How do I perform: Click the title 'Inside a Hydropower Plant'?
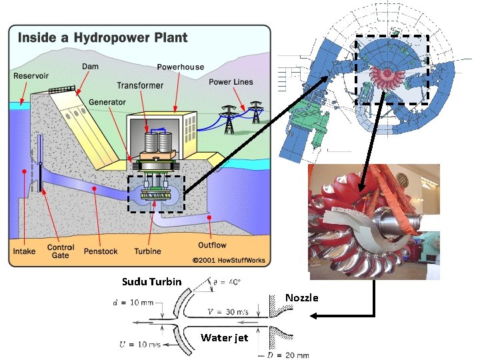click(102, 38)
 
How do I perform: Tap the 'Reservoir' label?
click(31, 76)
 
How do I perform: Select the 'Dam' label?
click(89, 67)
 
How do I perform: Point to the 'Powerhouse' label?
click(180, 67)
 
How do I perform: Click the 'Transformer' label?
click(140, 85)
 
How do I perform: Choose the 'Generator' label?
click(107, 102)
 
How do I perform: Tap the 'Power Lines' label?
click(231, 82)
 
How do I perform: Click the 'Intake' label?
click(24, 251)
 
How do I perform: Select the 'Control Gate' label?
click(61, 251)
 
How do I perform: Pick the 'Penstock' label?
click(100, 251)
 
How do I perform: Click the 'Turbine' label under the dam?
click(147, 251)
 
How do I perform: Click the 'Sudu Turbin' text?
click(151, 281)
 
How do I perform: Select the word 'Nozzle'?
click(301, 297)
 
